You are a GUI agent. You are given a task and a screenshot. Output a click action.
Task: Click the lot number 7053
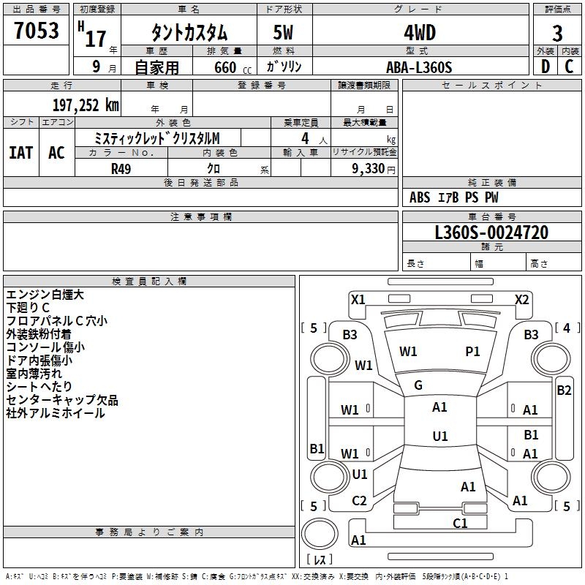coord(36,31)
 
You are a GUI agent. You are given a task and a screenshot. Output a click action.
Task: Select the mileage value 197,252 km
coord(86,105)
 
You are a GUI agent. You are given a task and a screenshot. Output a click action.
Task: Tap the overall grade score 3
coord(557,34)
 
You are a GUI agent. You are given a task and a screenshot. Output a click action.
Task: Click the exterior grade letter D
coord(545,67)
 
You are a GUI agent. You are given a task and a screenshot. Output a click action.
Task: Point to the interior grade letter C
coord(569,67)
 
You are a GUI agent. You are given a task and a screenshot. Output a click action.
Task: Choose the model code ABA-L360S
coord(419,67)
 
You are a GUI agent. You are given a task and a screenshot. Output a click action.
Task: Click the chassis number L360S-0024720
coord(491,233)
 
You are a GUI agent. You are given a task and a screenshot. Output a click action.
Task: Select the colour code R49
coord(121,169)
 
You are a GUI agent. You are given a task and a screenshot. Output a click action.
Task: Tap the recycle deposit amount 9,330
coord(369,169)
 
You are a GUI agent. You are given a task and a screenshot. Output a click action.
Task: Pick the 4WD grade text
coord(420,33)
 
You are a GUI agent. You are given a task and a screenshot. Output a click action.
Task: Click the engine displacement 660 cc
coord(233,67)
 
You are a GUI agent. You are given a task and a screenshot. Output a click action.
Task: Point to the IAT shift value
coord(21,153)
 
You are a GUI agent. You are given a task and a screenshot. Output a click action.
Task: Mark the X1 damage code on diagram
coord(358,300)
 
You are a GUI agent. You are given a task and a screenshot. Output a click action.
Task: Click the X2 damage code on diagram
coord(521,300)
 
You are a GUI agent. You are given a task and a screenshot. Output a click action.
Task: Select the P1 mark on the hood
coord(472,352)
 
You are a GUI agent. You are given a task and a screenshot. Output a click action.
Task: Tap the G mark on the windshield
coord(418,385)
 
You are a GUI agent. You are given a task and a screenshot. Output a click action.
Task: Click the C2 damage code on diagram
coord(359,501)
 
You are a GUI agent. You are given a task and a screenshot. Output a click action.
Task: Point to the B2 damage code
coord(564,390)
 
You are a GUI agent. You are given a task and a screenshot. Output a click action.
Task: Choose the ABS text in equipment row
coord(420,197)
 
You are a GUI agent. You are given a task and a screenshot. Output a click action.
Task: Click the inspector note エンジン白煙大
coord(45,295)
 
